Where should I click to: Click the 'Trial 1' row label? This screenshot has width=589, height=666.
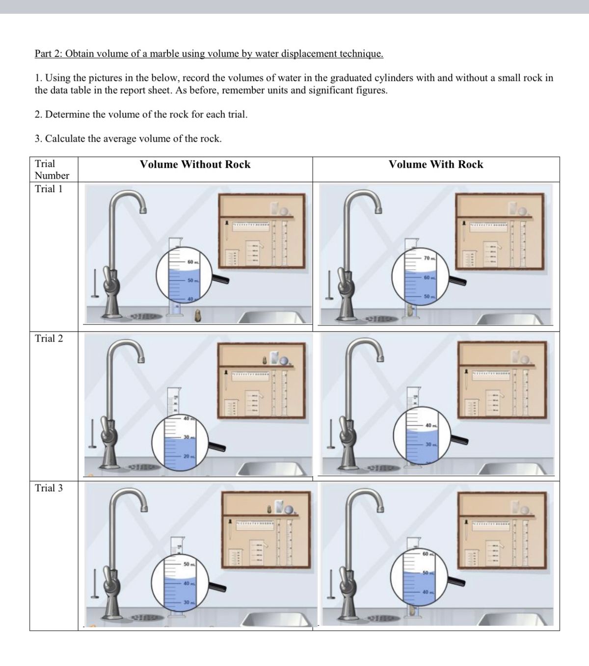pyautogui.click(x=49, y=189)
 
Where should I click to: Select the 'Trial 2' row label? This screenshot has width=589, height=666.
pyautogui.click(x=49, y=338)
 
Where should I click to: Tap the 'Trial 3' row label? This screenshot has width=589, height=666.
pyautogui.click(x=49, y=488)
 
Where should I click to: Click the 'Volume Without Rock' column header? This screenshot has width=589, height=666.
pyautogui.click(x=195, y=165)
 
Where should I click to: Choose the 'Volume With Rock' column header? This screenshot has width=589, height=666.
pyautogui.click(x=436, y=165)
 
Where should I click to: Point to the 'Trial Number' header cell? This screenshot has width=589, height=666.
pyautogui.click(x=52, y=170)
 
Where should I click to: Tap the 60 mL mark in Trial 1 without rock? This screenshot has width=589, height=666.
pyautogui.click(x=192, y=262)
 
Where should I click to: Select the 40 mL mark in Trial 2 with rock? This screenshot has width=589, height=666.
pyautogui.click(x=430, y=425)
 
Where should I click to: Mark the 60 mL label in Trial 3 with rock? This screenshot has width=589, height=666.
pyautogui.click(x=428, y=554)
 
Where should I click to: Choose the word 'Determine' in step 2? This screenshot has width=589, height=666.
pyautogui.click(x=67, y=115)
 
